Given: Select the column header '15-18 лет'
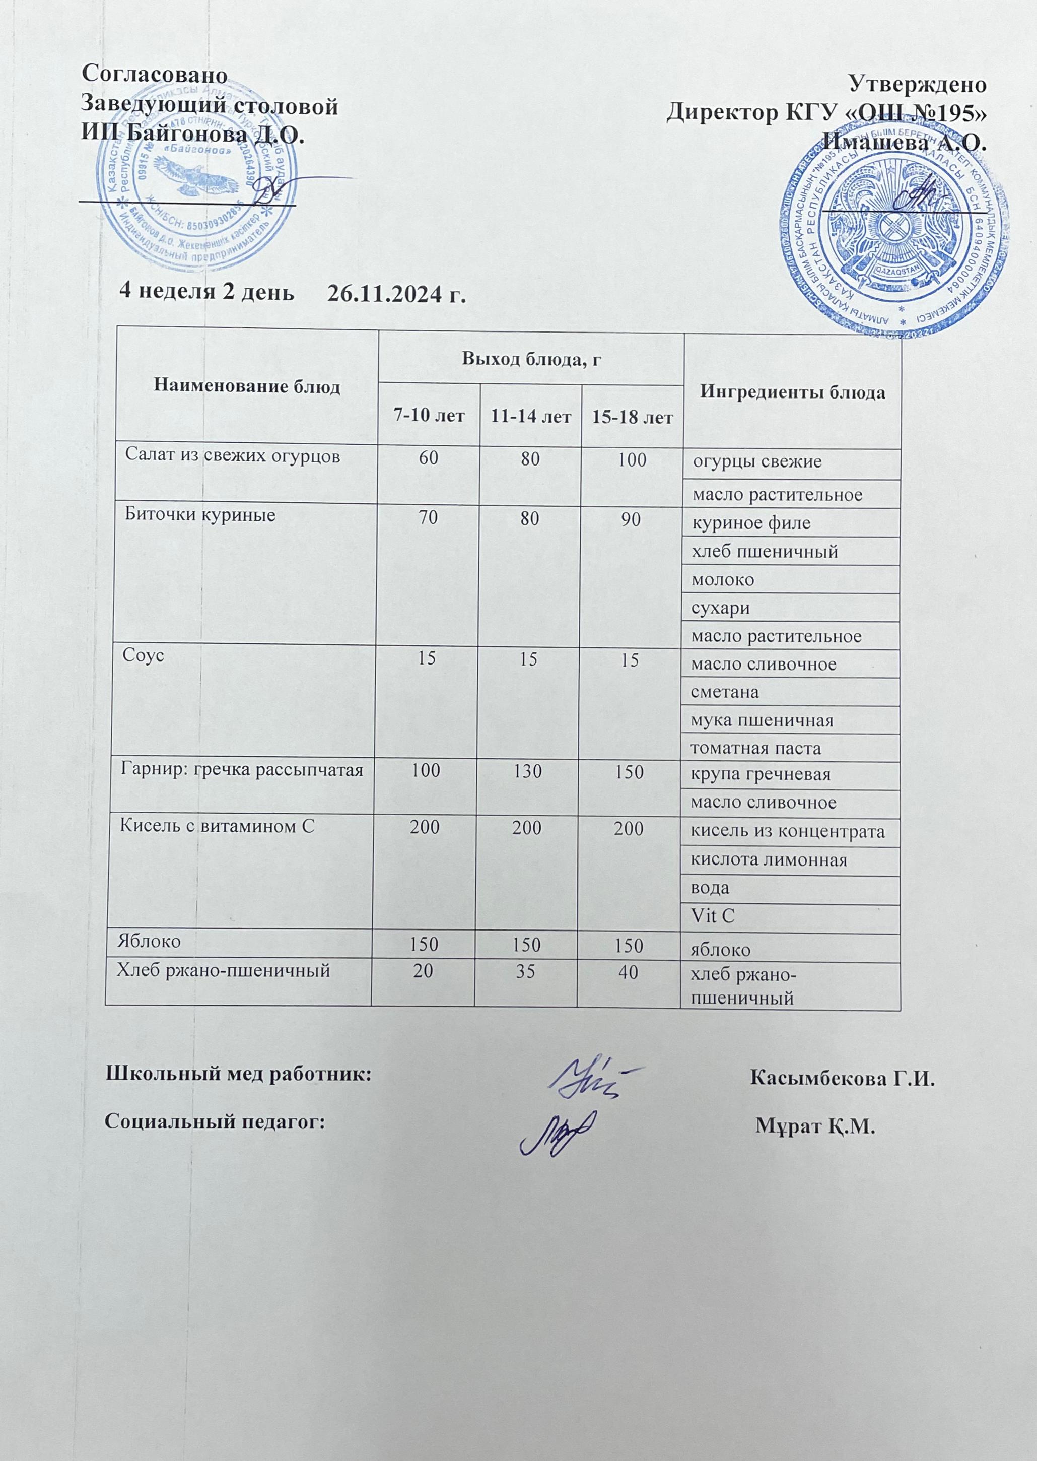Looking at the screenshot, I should pos(632,418).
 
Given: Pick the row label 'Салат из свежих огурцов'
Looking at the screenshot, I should pos(232,456).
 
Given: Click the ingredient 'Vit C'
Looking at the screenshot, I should pos(713,916).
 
